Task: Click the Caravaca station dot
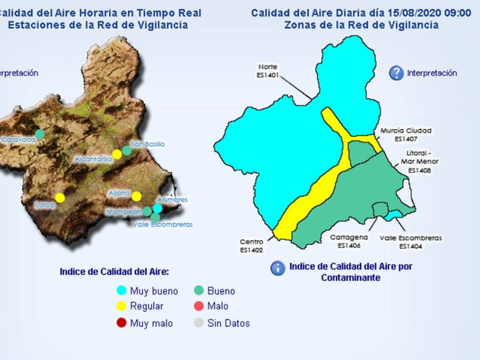(40, 134)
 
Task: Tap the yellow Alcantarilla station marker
(117, 154)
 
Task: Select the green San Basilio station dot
(126, 150)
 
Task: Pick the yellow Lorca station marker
(60, 198)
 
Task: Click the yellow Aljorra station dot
(136, 196)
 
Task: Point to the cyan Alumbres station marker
(158, 208)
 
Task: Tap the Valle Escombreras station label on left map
(162, 224)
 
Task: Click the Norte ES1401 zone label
(268, 70)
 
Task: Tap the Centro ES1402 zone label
(252, 246)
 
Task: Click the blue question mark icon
(396, 73)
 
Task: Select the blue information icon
(278, 268)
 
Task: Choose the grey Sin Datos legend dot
(199, 323)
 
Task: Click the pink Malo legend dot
(199, 306)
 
